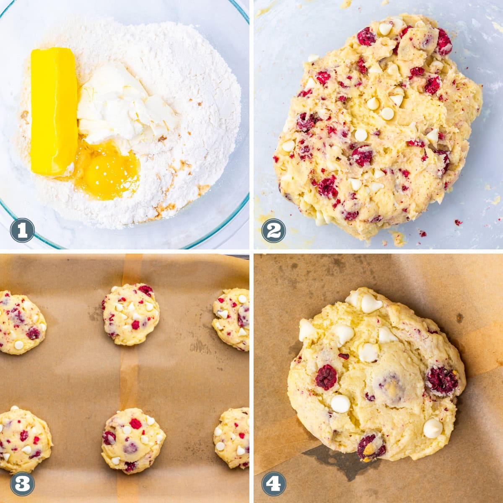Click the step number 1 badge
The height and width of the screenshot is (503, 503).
click(x=22, y=231)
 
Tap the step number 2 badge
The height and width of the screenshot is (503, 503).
click(x=273, y=231)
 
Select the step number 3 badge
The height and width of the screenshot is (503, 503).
click(x=22, y=483)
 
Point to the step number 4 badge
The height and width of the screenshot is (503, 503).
click(x=273, y=483)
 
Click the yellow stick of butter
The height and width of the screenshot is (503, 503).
click(x=53, y=111)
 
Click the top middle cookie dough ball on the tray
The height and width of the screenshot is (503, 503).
click(x=131, y=314)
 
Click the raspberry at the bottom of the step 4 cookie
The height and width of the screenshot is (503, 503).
click(x=371, y=447)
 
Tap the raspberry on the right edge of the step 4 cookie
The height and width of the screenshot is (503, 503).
click(x=442, y=381)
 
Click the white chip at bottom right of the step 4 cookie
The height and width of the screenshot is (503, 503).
click(x=433, y=428)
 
